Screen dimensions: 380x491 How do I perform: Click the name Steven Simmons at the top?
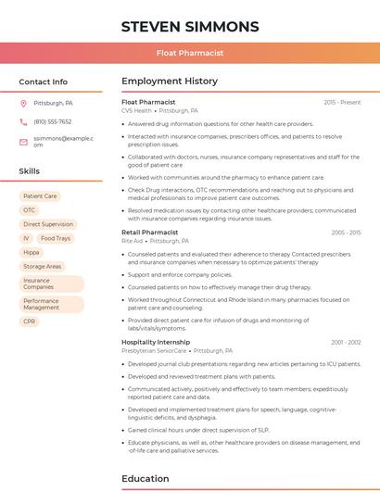pyautogui.click(x=190, y=26)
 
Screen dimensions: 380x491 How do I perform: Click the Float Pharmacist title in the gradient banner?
pyautogui.click(x=190, y=54)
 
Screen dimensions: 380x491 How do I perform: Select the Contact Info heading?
pyautogui.click(x=44, y=82)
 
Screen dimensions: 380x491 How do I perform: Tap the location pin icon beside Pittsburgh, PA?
pyautogui.click(x=23, y=104)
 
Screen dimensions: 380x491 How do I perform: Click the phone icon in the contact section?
pyautogui.click(x=23, y=122)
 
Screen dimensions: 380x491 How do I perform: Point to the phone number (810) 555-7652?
pyautogui.click(x=53, y=122)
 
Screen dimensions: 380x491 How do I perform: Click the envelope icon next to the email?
pyautogui.click(x=23, y=141)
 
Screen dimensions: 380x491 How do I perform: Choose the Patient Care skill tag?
pyautogui.click(x=40, y=196)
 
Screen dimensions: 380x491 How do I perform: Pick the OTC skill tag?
pyautogui.click(x=30, y=210)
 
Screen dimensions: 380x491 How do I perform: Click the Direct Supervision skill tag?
pyautogui.click(x=48, y=224)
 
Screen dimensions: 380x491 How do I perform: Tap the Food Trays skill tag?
pyautogui.click(x=56, y=238)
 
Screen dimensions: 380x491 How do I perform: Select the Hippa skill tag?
pyautogui.click(x=32, y=252)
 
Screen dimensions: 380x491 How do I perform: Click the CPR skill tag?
pyautogui.click(x=30, y=321)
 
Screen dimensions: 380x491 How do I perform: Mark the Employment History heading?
pyautogui.click(x=170, y=82)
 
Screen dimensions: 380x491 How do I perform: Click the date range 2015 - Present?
pyautogui.click(x=342, y=102)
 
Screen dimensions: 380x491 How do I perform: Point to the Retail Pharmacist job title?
pyautogui.click(x=149, y=233)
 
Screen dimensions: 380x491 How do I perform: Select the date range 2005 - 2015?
pyautogui.click(x=346, y=233)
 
